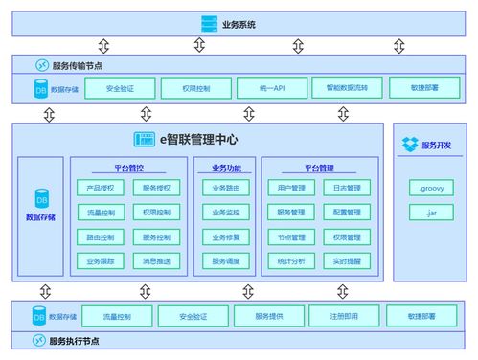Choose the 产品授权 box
(x=101, y=189)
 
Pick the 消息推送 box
(x=156, y=260)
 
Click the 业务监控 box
(x=227, y=213)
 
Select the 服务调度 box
(x=227, y=260)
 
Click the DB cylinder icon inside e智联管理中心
(x=41, y=199)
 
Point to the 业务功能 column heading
(x=227, y=168)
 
